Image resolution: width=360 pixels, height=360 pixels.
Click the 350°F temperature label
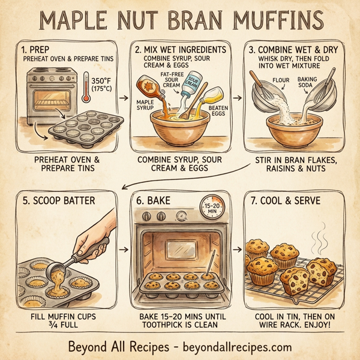pos(104,83)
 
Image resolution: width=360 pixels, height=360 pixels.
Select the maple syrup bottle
pos(148,88)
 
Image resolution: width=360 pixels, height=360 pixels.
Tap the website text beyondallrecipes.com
pos(233,347)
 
